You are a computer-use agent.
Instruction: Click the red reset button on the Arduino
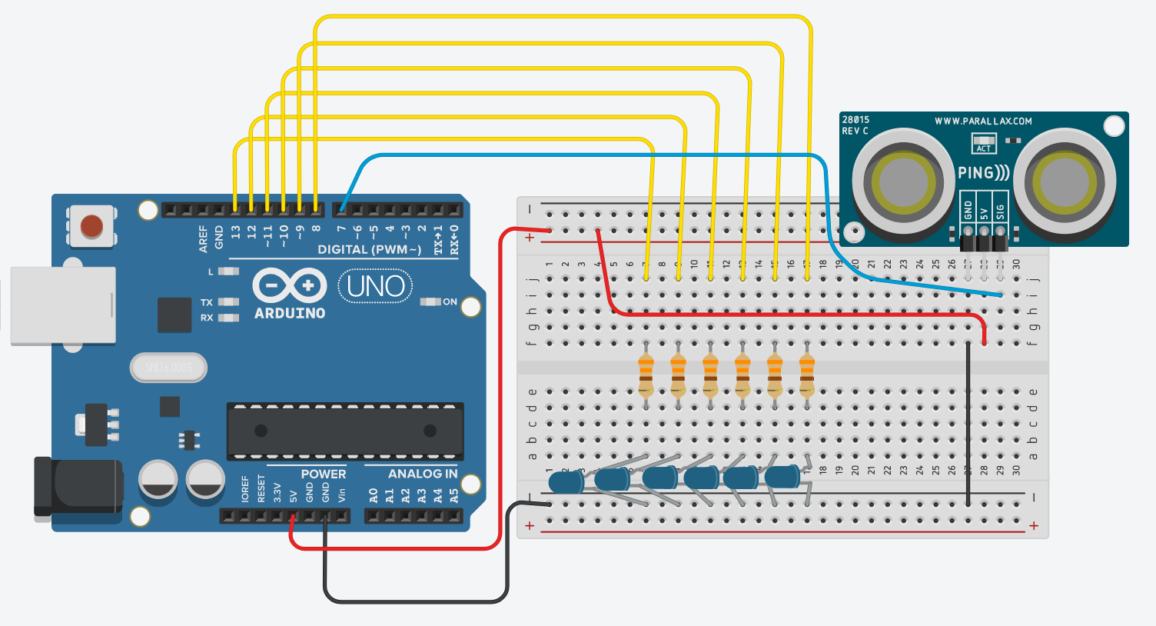tap(91, 226)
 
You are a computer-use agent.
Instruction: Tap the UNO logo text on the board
tap(375, 286)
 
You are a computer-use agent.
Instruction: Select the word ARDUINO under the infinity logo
tap(290, 314)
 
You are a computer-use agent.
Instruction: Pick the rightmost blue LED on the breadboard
tap(782, 477)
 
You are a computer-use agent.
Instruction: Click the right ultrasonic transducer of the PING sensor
tap(1065, 182)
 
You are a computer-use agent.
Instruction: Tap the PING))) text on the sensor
tap(983, 173)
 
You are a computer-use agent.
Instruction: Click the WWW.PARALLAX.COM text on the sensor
tap(983, 122)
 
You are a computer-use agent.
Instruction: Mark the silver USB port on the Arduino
tap(63, 305)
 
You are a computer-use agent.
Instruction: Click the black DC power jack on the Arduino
tap(78, 487)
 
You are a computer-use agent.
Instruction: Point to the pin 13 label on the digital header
tap(235, 230)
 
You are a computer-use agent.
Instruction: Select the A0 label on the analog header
tap(373, 494)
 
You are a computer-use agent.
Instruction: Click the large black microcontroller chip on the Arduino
tap(345, 431)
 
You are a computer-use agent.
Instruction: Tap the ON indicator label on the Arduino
tap(450, 302)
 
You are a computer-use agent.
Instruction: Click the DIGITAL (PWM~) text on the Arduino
tap(369, 250)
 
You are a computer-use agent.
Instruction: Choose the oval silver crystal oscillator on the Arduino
tap(168, 368)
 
